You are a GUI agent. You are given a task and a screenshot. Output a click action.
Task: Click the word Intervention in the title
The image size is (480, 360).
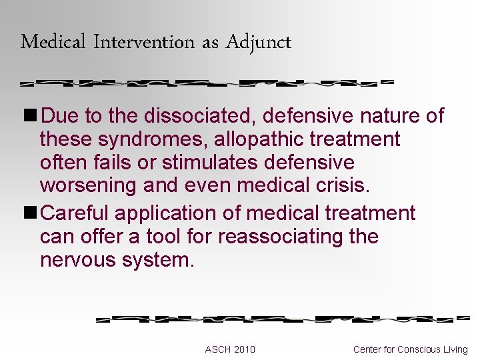pos(144,43)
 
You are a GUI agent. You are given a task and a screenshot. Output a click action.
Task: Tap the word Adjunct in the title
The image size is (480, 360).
pos(259,43)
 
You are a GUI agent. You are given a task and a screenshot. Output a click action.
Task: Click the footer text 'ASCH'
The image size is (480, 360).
pos(217,349)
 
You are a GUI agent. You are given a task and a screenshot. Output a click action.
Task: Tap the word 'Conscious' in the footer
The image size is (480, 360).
pos(419,349)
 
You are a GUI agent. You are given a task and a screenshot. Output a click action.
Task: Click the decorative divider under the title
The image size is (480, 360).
pos(207,85)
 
